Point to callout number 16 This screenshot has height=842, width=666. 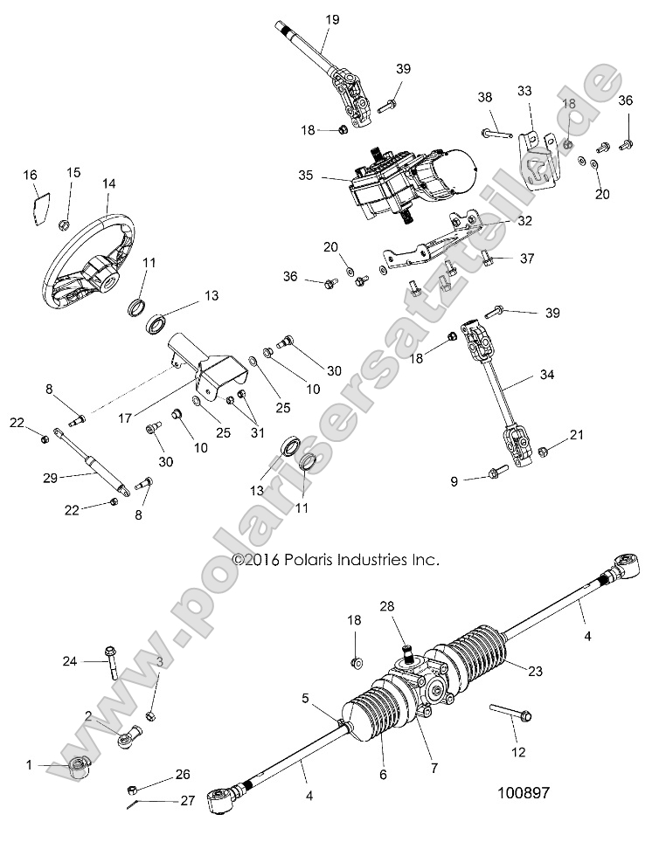click(x=31, y=176)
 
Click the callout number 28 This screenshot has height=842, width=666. click(x=387, y=605)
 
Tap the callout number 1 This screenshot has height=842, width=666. click(x=29, y=765)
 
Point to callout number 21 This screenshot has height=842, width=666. click(x=576, y=434)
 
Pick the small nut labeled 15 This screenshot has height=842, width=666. click(x=64, y=226)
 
